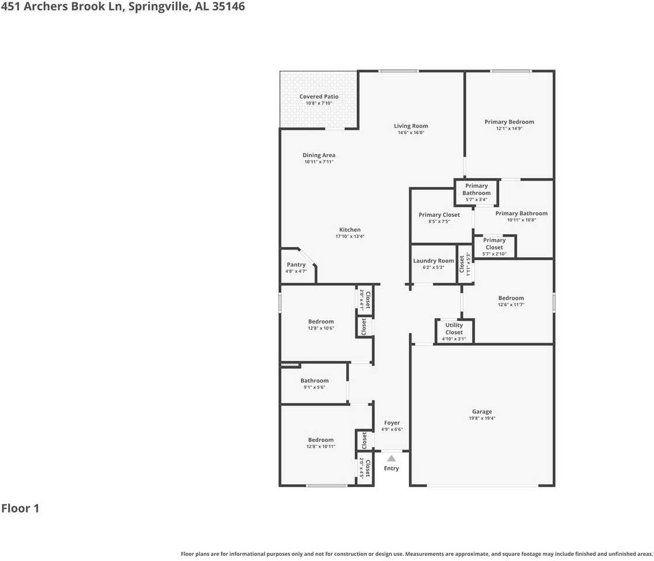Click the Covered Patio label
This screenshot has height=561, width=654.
click(x=319, y=96)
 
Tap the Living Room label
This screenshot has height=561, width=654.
click(x=411, y=126)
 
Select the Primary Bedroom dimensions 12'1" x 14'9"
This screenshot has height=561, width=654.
click(x=509, y=129)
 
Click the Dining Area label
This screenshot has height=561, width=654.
click(x=319, y=155)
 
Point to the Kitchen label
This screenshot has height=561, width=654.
click(x=350, y=230)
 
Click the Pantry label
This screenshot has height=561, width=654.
click(x=296, y=265)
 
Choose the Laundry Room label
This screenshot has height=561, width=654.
click(x=433, y=261)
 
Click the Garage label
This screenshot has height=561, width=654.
click(x=482, y=411)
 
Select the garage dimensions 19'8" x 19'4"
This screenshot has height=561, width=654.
click(x=482, y=418)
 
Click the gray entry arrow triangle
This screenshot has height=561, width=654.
click(x=391, y=459)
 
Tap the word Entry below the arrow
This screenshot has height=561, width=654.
click(x=391, y=468)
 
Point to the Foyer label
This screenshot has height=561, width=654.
click(x=392, y=423)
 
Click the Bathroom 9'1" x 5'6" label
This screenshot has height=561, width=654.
click(x=314, y=380)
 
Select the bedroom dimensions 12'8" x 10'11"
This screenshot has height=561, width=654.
click(x=321, y=446)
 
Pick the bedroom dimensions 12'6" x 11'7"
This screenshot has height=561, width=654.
click(x=511, y=304)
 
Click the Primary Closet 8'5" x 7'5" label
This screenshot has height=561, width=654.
click(x=439, y=214)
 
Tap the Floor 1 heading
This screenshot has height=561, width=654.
click(x=20, y=508)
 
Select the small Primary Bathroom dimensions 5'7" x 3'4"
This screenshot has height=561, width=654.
click(x=476, y=199)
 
